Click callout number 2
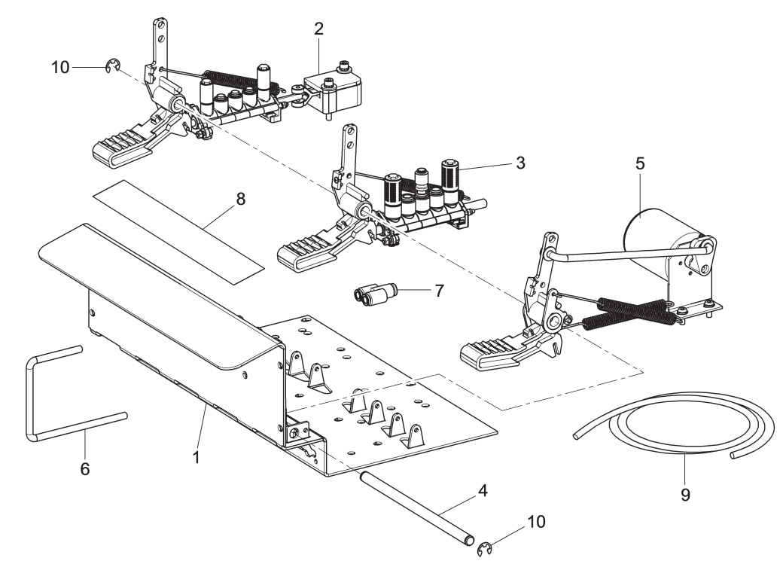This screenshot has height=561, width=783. [x=318, y=30]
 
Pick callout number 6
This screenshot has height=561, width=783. [x=85, y=468]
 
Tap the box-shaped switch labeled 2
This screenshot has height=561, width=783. [x=336, y=89]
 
